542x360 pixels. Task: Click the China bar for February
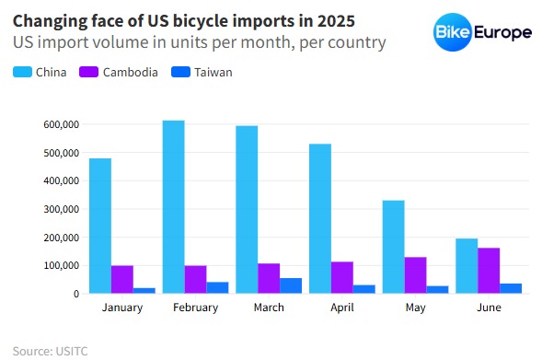click(173, 207)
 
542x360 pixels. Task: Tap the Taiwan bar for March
click(291, 285)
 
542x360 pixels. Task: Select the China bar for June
click(467, 266)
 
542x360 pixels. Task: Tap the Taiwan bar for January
click(144, 290)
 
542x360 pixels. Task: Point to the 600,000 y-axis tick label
click(62, 124)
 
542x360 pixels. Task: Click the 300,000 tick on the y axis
click(62, 209)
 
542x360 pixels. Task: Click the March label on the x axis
click(269, 308)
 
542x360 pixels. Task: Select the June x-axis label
click(489, 308)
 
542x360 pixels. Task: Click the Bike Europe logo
click(482, 33)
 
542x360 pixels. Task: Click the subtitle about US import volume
click(199, 42)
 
